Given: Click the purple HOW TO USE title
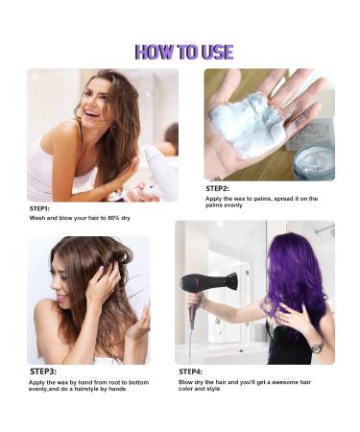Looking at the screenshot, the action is [184, 52].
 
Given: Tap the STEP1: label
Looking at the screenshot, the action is [39, 208].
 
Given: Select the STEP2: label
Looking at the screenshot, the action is [217, 189].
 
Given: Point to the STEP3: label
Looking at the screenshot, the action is [43, 372].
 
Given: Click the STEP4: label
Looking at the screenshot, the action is [190, 372].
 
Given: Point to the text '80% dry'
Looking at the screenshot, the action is [119, 218].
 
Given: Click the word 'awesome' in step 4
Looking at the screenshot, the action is [282, 382].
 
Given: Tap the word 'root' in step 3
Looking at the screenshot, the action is [114, 382].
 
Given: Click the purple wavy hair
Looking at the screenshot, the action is [296, 281].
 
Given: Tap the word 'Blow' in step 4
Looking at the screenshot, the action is [185, 382].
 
